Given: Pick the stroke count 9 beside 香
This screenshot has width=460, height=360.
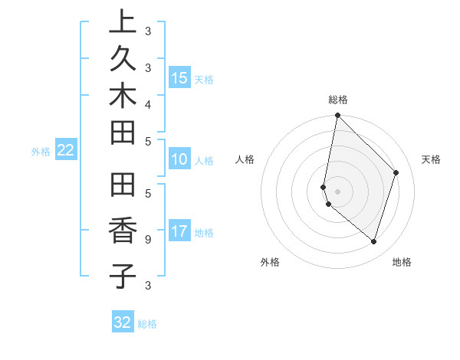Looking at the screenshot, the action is click(148, 239).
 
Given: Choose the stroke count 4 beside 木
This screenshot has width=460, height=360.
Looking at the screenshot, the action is click(148, 103).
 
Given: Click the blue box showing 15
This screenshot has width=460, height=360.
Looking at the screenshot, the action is click(179, 77).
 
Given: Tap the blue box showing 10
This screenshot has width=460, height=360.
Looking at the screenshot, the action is click(179, 159).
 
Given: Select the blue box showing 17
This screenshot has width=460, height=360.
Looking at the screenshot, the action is click(179, 231).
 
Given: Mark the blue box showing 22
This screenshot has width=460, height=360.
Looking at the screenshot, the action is click(66, 150).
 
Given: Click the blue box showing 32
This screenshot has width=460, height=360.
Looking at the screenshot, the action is click(123, 322).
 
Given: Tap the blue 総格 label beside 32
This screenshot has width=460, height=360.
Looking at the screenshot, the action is click(148, 324).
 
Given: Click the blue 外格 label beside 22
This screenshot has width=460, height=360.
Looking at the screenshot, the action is click(41, 152).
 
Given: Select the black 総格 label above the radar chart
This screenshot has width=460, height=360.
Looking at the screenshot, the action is click(338, 100).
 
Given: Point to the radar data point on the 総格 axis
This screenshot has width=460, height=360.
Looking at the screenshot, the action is click(337, 115).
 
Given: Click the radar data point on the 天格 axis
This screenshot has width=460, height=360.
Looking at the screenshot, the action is click(396, 172).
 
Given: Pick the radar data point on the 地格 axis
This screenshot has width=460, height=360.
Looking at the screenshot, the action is click(373, 241).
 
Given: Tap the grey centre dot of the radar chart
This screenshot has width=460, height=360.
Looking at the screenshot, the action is click(337, 191).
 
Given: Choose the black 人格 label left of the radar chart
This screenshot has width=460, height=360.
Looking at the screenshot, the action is click(245, 159).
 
